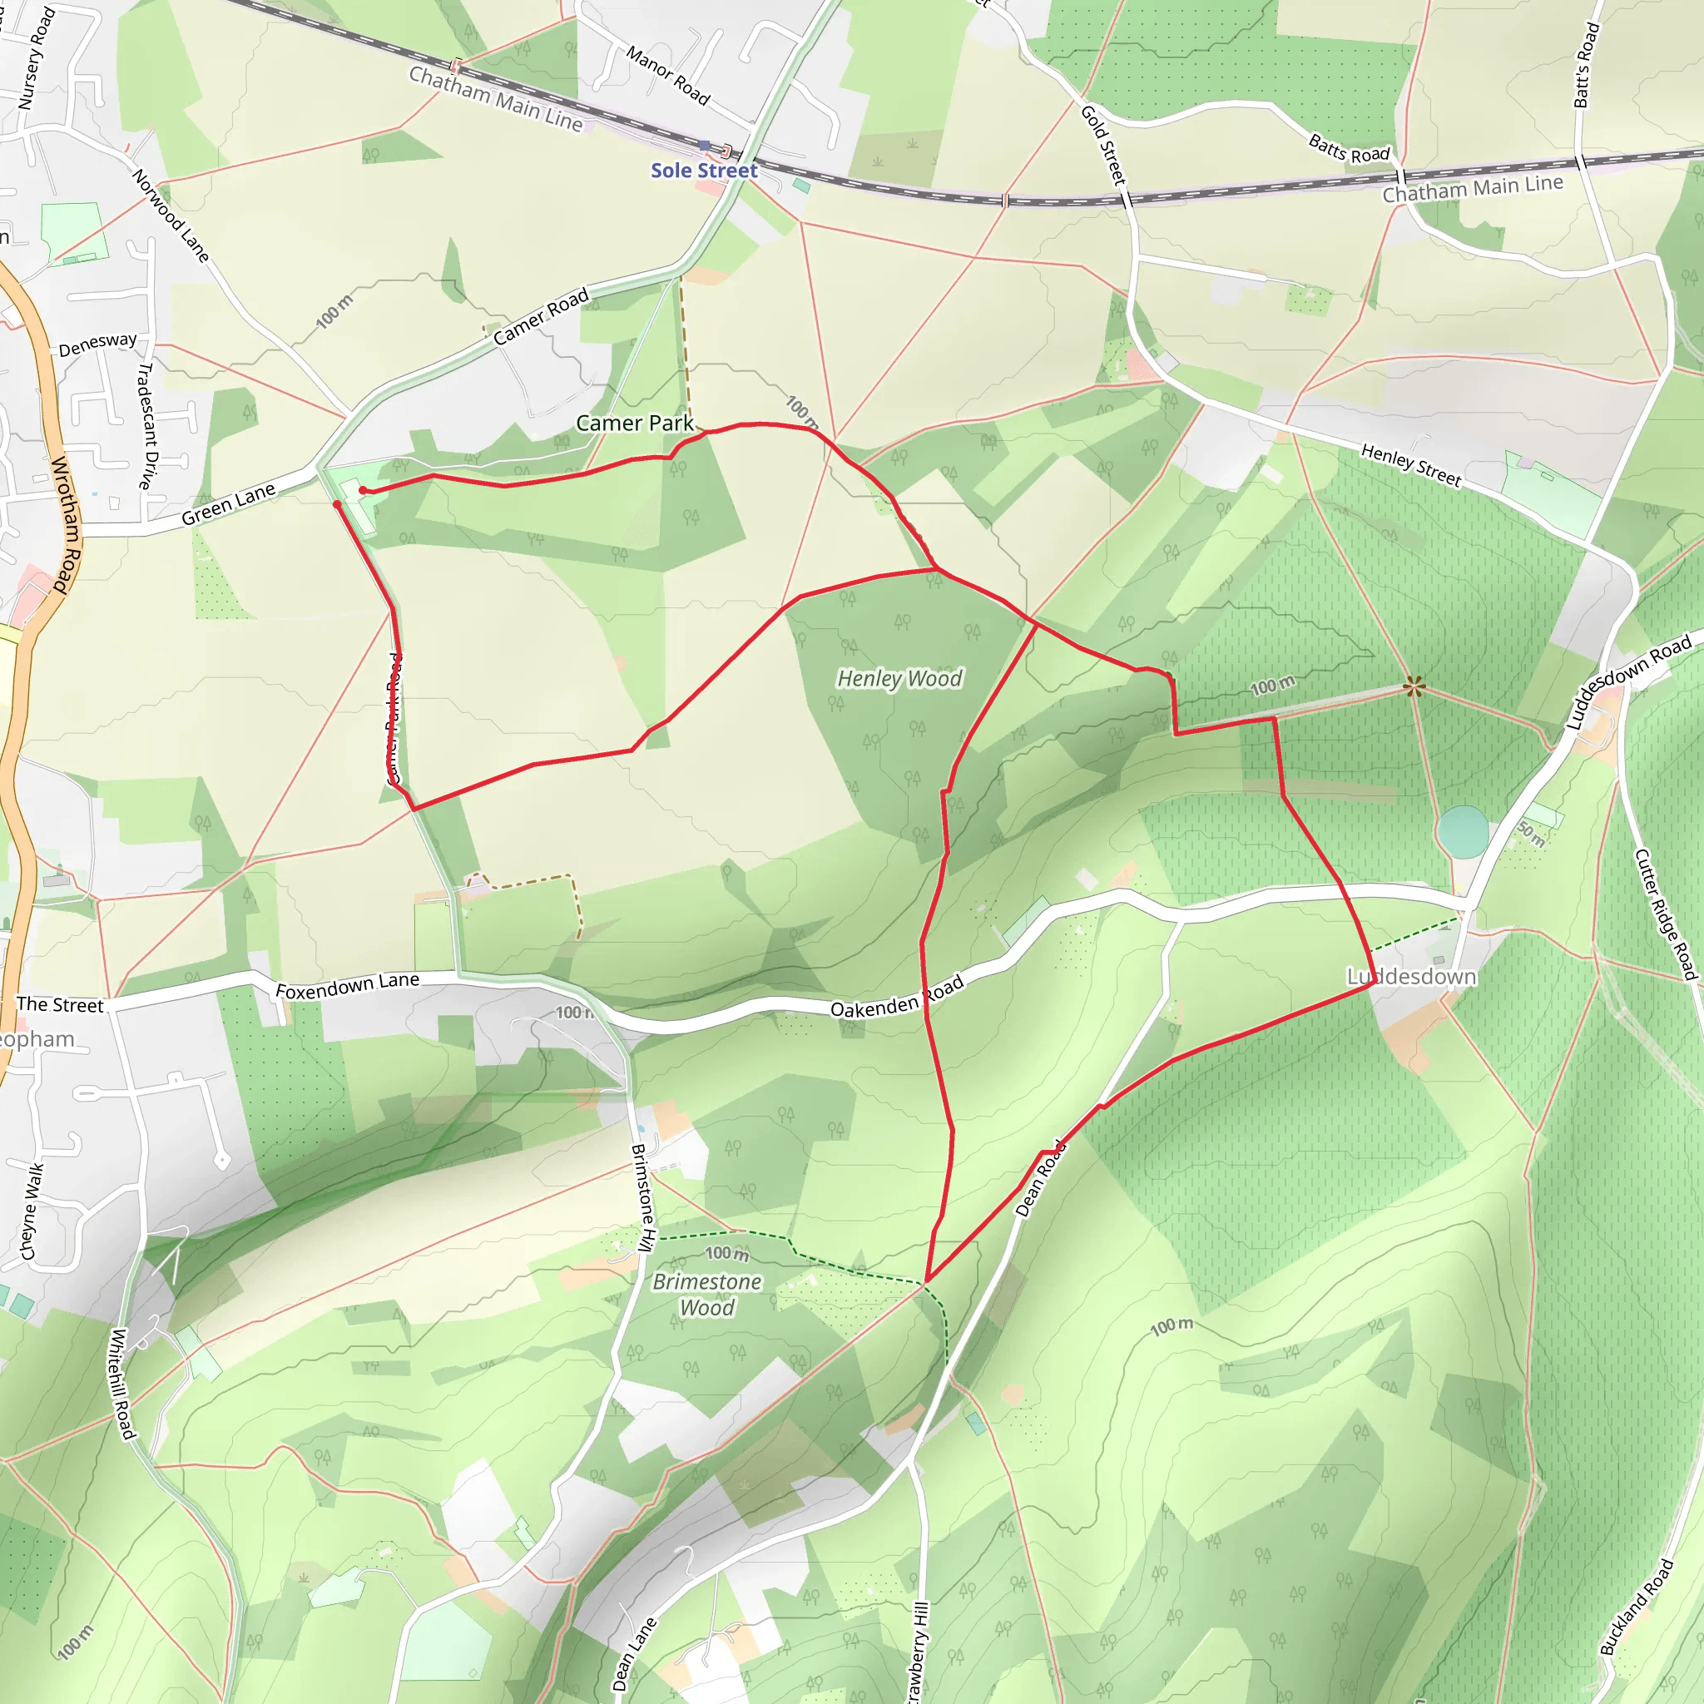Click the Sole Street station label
pyautogui.click(x=704, y=171)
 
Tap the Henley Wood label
pyautogui.click(x=899, y=678)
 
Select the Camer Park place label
pyautogui.click(x=634, y=424)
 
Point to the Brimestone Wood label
pyautogui.click(x=706, y=1294)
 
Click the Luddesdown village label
pyautogui.click(x=1410, y=976)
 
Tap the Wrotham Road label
pyautogui.click(x=67, y=524)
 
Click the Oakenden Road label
pyautogui.click(x=896, y=998)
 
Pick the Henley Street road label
pyautogui.click(x=1410, y=465)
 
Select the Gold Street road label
pyautogui.click(x=1103, y=145)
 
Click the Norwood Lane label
pyautogui.click(x=171, y=216)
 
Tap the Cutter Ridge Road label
pyautogui.click(x=1665, y=914)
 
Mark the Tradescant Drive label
pyautogui.click(x=146, y=425)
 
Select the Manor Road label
pyautogui.click(x=667, y=76)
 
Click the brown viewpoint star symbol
pyautogui.click(x=1414, y=686)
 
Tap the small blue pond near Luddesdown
pyautogui.click(x=1461, y=832)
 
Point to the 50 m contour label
pyautogui.click(x=1532, y=834)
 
